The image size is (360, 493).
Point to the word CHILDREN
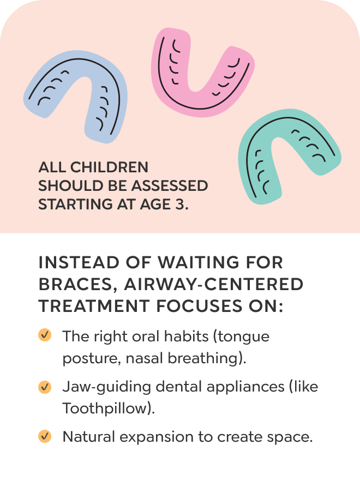coord(109,167)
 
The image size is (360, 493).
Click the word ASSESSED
coord(170,186)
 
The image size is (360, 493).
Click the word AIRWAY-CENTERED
coord(214,284)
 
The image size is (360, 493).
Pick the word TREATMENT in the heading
coord(94,306)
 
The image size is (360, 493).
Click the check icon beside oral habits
coord(45,334)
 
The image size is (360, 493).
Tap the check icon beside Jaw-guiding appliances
coord(45,387)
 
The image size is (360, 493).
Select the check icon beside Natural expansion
coord(45,436)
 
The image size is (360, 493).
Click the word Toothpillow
coord(105,408)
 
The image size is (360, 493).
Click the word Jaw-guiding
coord(107,387)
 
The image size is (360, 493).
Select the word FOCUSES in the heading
coord(199,306)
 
